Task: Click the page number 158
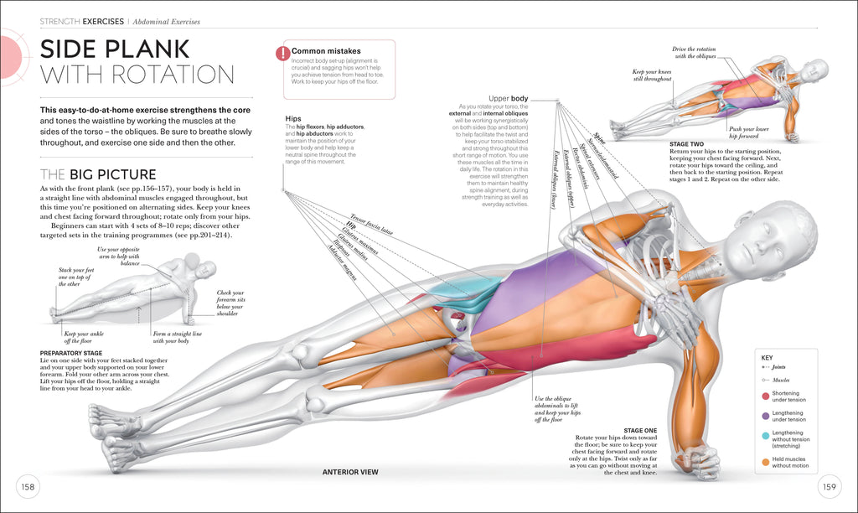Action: [28, 487]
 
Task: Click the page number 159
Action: [830, 487]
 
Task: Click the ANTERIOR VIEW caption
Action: [350, 472]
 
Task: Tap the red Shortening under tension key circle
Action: [765, 396]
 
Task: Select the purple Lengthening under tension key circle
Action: [765, 415]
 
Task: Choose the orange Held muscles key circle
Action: [765, 460]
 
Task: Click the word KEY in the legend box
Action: [767, 358]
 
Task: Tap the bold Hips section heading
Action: [293, 118]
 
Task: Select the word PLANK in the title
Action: [152, 48]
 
